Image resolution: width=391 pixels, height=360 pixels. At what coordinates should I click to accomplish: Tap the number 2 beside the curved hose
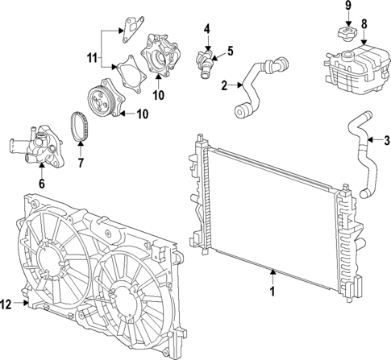coord(225,84)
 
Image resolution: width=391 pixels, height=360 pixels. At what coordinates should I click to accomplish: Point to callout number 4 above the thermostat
coord(206,31)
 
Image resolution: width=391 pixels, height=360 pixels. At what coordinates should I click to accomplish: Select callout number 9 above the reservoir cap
coord(348,7)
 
